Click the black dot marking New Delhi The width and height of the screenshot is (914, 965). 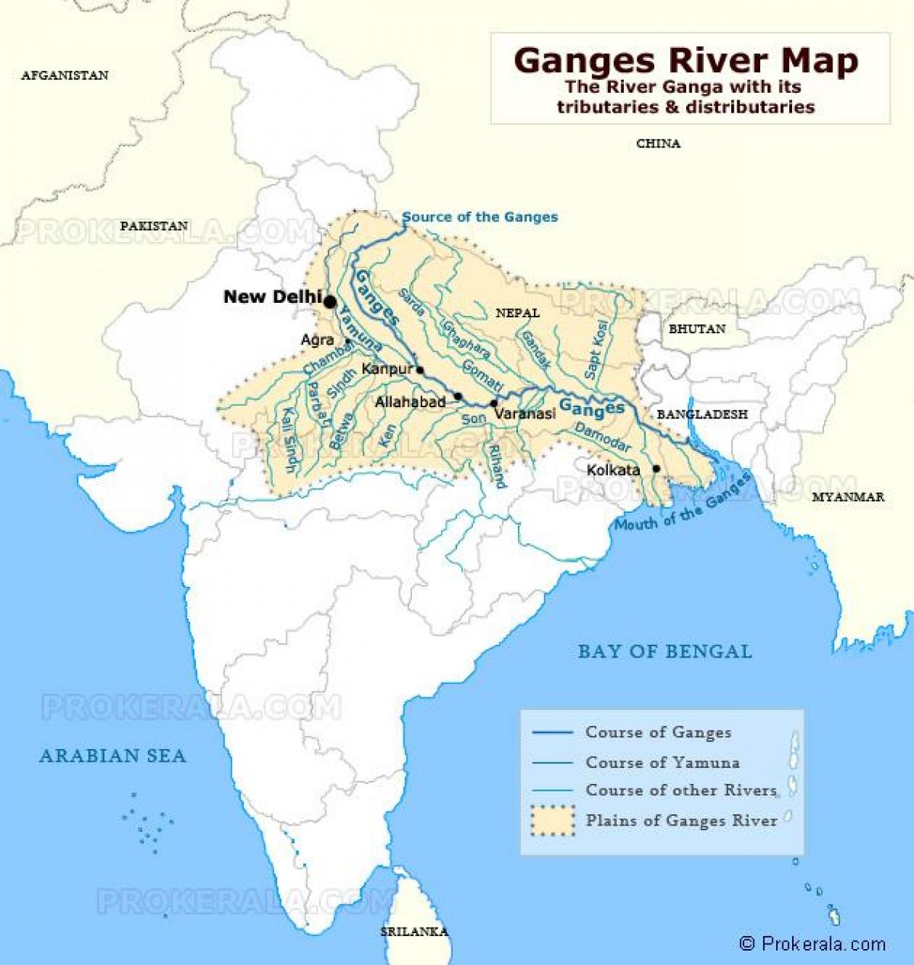pos(330,302)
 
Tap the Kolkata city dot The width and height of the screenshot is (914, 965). pos(656,469)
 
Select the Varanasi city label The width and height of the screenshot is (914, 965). pos(525,414)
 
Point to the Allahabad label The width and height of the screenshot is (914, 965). pos(410,402)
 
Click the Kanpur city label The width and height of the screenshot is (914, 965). pos(387,369)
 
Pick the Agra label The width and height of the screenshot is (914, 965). pos(318,340)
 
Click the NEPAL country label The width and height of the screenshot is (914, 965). pos(517,313)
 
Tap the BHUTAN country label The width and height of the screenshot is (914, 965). pos(696,329)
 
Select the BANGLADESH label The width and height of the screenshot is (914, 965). pos(701,414)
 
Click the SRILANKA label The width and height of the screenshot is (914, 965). pos(414,932)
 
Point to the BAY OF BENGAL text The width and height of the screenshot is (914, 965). pos(664,651)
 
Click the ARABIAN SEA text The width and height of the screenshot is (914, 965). pos(113,756)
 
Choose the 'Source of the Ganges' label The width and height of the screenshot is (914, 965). pos(480,217)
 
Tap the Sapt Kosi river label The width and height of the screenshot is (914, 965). pos(594,355)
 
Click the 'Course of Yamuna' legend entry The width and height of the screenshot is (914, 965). pos(661,762)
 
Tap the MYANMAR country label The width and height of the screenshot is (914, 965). pos(848,497)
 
